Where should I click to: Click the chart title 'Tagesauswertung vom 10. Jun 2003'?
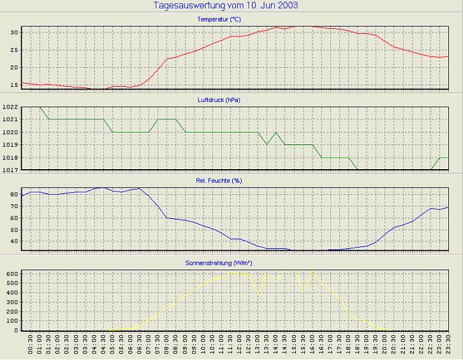click(226, 6)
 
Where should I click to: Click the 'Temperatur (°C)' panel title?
click(222, 20)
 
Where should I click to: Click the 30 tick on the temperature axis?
click(13, 32)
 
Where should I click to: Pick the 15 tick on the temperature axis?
click(13, 85)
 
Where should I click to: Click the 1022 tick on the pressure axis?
click(10, 107)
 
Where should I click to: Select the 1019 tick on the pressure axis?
click(10, 145)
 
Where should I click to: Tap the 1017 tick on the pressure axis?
click(10, 170)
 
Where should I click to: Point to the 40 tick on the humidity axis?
click(13, 242)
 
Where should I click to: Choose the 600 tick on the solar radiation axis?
click(11, 273)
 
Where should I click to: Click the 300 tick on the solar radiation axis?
click(11, 302)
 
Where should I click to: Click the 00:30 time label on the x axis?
click(31, 345)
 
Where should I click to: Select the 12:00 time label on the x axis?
click(240, 345)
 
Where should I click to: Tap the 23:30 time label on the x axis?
click(449, 345)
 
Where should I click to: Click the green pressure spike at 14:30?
click(276, 132)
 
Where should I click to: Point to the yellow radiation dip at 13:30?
click(258, 292)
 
